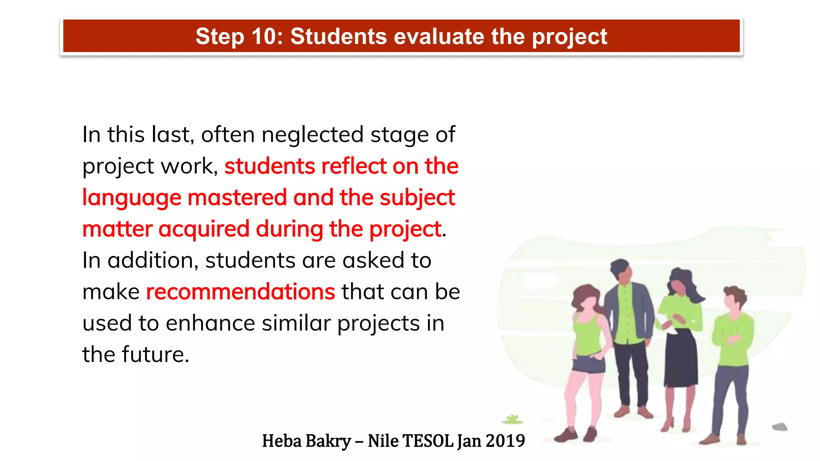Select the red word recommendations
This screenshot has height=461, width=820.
[x=240, y=292]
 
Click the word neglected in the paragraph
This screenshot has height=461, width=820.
[x=313, y=135]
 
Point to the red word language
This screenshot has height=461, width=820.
[x=132, y=198]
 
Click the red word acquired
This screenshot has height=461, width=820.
[x=204, y=229]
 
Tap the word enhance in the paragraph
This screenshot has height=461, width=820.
[x=210, y=323]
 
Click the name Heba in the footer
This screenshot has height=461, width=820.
[x=281, y=441]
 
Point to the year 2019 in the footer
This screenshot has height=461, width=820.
[x=505, y=441]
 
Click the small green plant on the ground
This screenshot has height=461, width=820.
[x=512, y=419]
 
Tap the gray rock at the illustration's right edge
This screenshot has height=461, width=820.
[x=780, y=427]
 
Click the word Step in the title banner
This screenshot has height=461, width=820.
[x=219, y=36]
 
